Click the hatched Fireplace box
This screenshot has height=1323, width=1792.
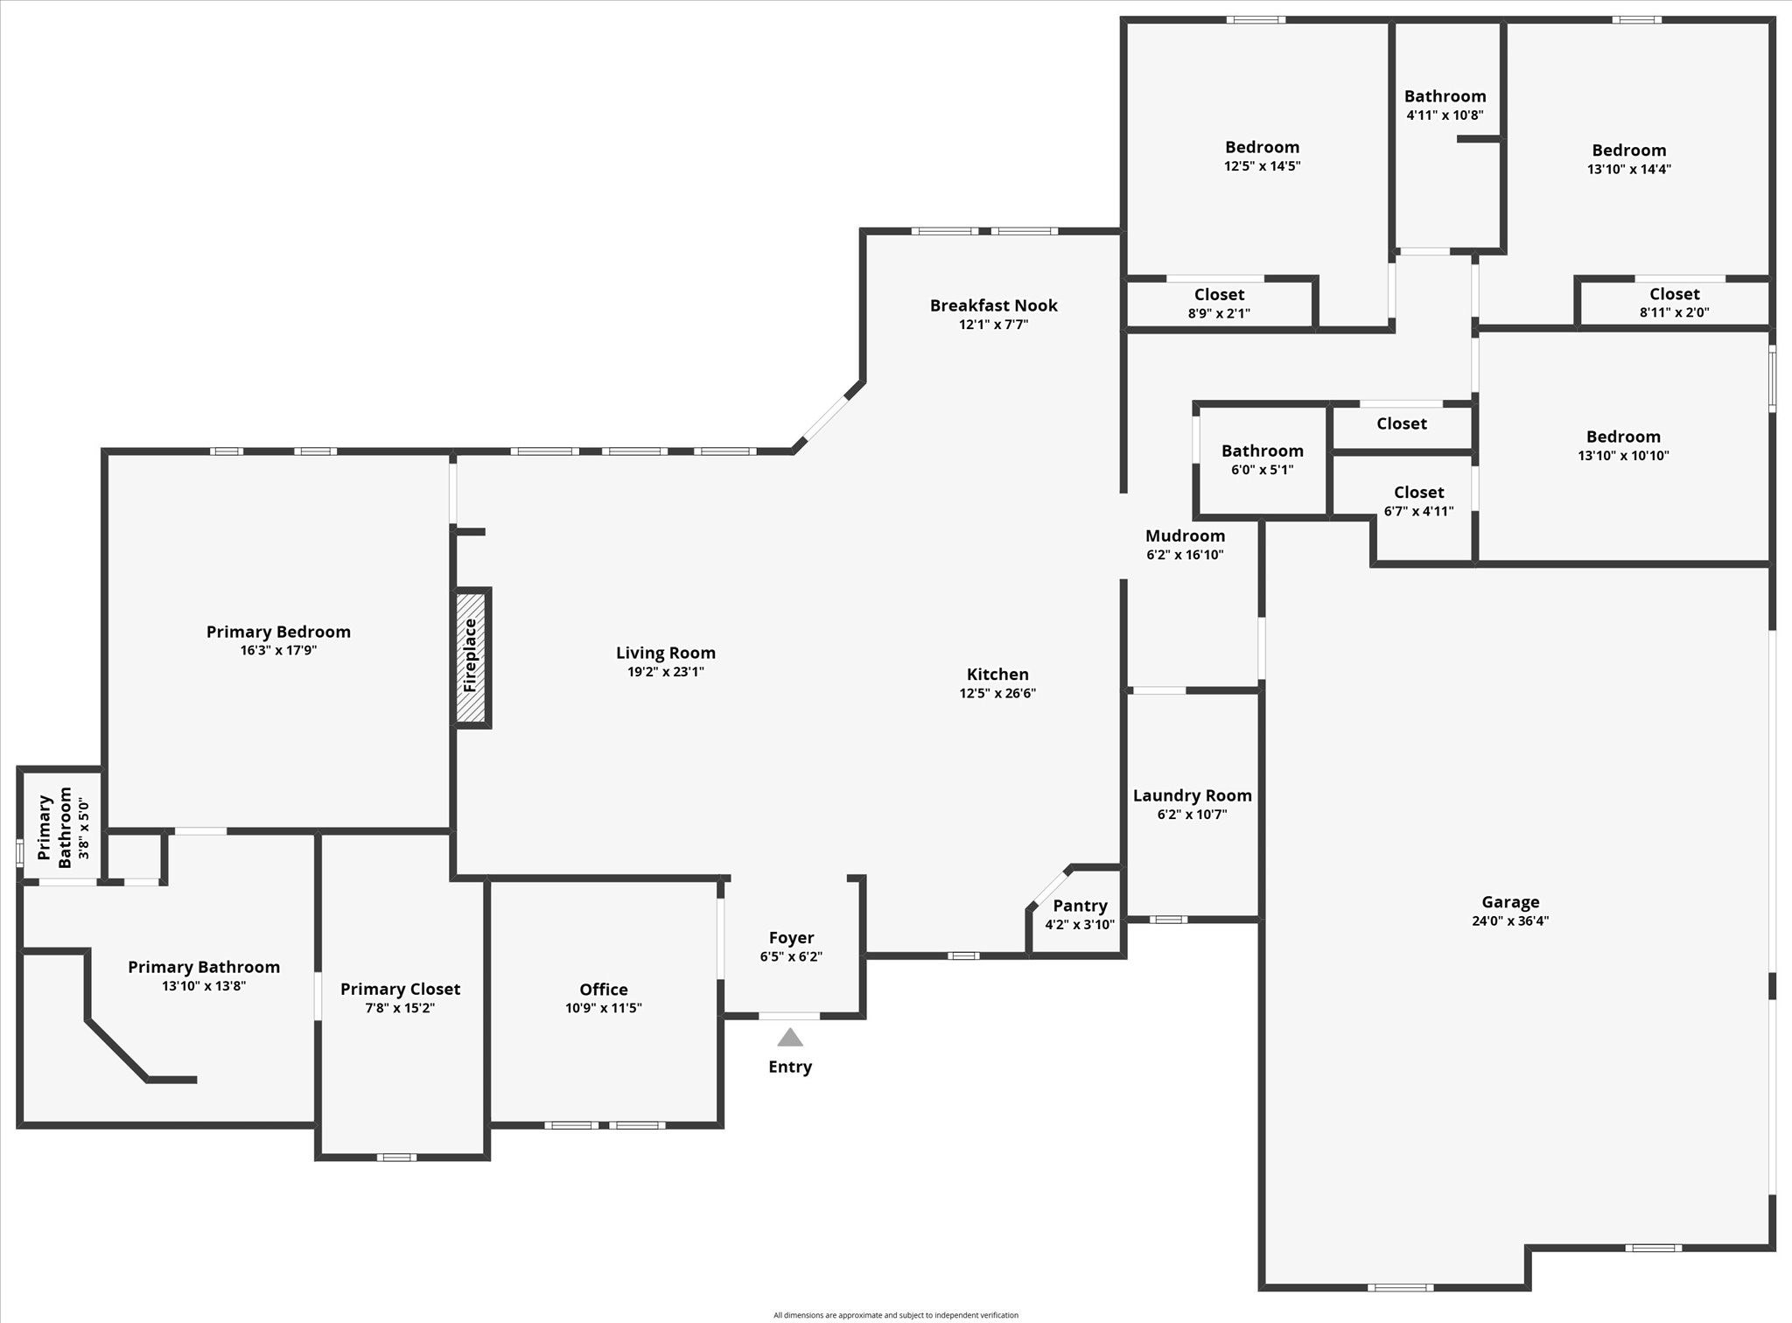[x=471, y=657]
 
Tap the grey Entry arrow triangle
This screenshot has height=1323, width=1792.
[x=790, y=1038]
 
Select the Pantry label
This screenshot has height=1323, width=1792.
[x=1080, y=906]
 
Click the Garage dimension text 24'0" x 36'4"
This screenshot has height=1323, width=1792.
[x=1510, y=920]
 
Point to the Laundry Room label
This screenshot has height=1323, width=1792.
[x=1192, y=795]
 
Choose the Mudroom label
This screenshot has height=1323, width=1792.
[x=1185, y=535]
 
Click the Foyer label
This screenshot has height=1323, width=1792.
[x=791, y=938]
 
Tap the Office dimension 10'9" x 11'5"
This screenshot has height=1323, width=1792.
[x=603, y=1008]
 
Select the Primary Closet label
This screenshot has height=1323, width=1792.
[x=400, y=989]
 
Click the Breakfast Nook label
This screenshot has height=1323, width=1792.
[x=993, y=305]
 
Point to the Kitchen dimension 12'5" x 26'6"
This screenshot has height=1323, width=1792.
[x=997, y=693]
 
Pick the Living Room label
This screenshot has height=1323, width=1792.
[x=665, y=653]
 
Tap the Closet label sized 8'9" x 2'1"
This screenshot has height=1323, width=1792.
[x=1219, y=295]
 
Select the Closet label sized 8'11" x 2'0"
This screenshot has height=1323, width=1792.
[x=1674, y=294]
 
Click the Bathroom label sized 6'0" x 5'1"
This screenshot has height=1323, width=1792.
[x=1262, y=451]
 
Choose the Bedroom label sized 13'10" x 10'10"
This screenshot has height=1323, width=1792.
[x=1623, y=437]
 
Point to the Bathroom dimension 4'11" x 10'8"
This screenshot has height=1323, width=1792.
[x=1445, y=115]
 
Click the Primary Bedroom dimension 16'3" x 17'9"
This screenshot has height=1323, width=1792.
[x=278, y=650]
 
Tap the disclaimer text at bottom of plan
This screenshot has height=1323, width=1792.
[x=895, y=1315]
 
